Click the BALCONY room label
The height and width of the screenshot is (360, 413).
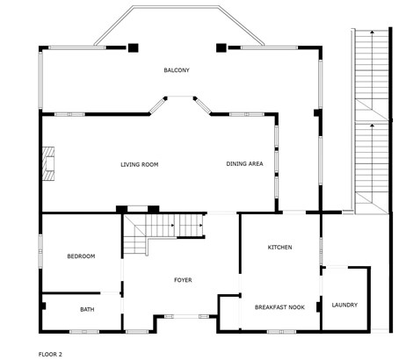pos(177,70)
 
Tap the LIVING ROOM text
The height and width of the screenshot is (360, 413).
pos(140,165)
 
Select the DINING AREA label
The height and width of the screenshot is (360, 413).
pos(244,164)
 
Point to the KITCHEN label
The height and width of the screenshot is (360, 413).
pos(279,248)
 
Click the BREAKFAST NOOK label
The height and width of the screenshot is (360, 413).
pos(279,307)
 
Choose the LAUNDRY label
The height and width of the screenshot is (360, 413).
pos(344,305)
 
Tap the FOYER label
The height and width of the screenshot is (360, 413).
pos(183,280)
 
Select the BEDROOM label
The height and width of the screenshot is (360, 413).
pos(81,256)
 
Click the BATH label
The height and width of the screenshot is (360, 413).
pos(87,309)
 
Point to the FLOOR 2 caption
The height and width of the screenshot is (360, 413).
pos(50,355)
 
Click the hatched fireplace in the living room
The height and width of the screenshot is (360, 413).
pos(48,164)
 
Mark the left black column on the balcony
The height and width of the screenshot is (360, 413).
pos(134,47)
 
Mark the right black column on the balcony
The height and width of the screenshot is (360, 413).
pos(221,47)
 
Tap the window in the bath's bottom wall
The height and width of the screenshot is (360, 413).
pos(84,332)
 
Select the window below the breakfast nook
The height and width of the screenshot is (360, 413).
pos(281,332)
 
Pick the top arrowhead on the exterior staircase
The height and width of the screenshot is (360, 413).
pos(372,32)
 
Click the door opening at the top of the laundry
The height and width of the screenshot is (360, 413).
pos(337,267)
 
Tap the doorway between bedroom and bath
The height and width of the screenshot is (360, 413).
pos(110,292)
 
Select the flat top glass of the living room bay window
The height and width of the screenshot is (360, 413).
pos(180,97)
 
